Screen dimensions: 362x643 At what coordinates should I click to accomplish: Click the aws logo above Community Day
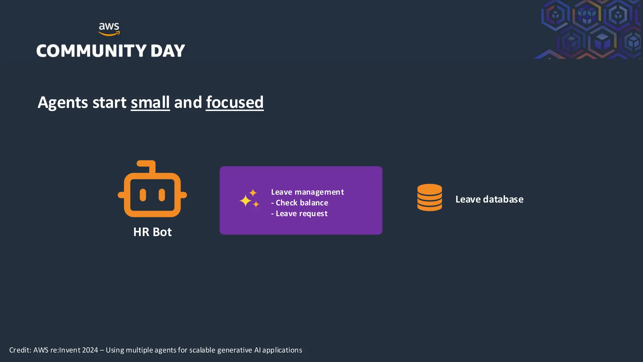click(x=109, y=29)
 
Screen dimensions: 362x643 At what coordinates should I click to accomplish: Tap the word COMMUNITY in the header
click(x=91, y=51)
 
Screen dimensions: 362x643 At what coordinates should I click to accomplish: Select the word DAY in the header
click(x=168, y=51)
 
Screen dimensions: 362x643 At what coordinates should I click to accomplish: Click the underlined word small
click(x=150, y=102)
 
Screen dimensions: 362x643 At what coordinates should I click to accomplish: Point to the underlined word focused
click(x=235, y=102)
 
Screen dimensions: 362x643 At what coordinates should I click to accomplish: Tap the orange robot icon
click(x=152, y=192)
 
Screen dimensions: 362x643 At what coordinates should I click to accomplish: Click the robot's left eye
click(x=143, y=195)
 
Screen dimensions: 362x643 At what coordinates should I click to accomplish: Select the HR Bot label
click(x=152, y=232)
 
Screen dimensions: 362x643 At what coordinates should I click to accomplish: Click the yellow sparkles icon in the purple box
click(x=249, y=199)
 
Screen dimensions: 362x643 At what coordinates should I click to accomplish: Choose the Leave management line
click(x=307, y=192)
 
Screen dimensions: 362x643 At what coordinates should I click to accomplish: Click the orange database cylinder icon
click(x=430, y=197)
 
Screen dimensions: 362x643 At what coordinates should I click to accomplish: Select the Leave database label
click(x=489, y=199)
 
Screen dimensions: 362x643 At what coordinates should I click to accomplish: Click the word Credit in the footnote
click(x=19, y=350)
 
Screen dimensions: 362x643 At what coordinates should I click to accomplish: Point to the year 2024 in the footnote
click(x=90, y=350)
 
